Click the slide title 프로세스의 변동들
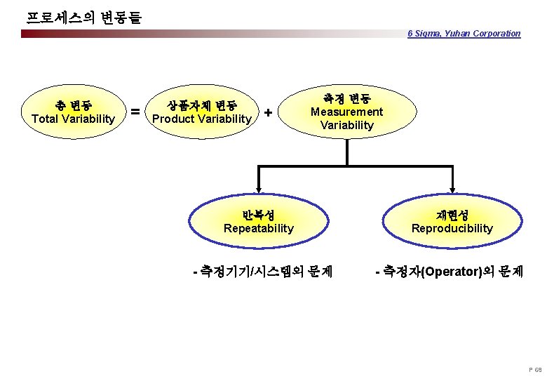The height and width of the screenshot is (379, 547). (83, 16)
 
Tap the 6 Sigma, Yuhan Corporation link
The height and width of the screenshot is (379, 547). (464, 33)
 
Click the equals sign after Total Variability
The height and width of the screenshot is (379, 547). (135, 112)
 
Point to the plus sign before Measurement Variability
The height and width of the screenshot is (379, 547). (268, 112)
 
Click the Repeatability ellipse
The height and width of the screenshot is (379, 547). (259, 221)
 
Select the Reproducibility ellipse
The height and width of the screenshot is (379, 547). (452, 221)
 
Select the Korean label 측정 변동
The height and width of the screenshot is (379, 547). (346, 98)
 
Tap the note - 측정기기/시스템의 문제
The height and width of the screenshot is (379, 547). (262, 270)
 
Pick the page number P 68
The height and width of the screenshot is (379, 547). (534, 369)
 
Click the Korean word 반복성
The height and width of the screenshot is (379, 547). (259, 215)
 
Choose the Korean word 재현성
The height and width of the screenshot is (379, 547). (452, 215)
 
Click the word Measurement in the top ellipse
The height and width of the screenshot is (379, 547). (346, 112)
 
